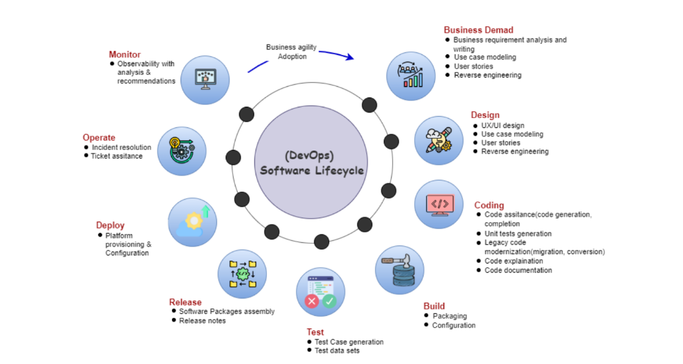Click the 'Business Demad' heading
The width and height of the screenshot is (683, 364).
tap(478, 30)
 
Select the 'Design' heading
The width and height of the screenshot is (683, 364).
tap(485, 115)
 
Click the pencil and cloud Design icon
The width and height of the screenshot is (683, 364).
tap(439, 140)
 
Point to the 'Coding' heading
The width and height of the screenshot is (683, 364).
tap(489, 205)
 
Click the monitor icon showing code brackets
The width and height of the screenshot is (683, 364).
tap(439, 205)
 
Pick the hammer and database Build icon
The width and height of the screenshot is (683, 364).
tap(399, 270)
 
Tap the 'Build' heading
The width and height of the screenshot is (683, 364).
tap(434, 306)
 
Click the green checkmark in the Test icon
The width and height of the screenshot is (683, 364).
tap(329, 302)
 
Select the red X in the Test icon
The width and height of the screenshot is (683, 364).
tap(311, 302)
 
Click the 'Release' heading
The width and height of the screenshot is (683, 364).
tap(185, 302)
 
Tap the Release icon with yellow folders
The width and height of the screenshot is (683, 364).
tap(242, 274)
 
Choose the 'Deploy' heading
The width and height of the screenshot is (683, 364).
tap(110, 225)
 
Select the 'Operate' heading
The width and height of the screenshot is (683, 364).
tap(99, 137)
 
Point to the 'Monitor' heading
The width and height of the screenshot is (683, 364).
tap(124, 54)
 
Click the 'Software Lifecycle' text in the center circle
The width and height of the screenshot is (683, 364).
tap(311, 170)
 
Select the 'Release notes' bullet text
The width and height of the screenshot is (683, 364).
tap(202, 320)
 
